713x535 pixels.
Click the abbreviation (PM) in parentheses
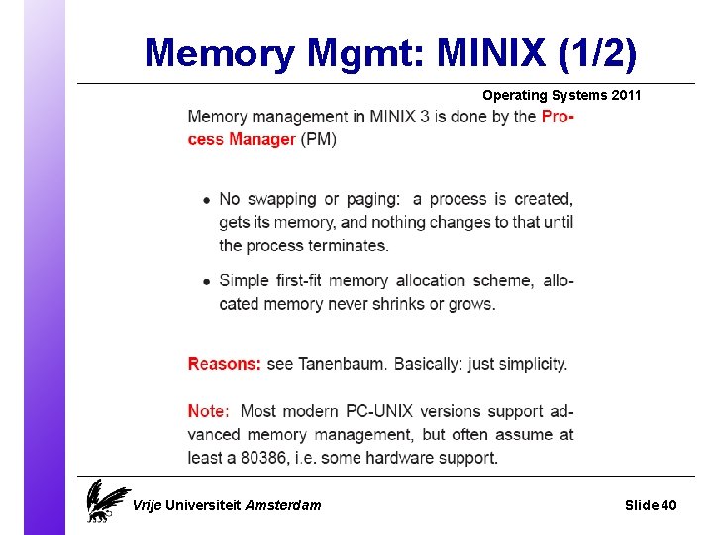click(x=318, y=139)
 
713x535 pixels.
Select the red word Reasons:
click(x=225, y=364)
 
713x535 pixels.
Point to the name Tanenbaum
click(x=343, y=364)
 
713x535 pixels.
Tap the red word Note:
click(x=208, y=411)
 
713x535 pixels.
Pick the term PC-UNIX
click(x=379, y=411)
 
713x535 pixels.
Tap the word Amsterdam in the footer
click(x=283, y=505)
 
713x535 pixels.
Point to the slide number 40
click(x=668, y=505)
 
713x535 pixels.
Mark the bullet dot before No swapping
click(x=206, y=200)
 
